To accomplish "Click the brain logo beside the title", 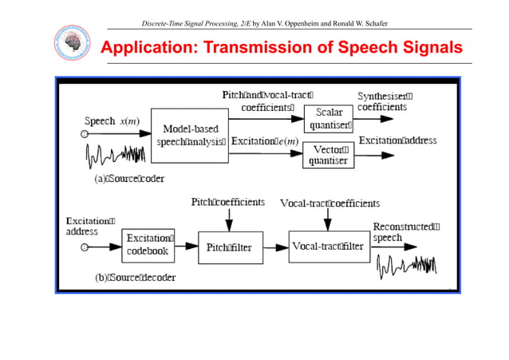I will (69, 45).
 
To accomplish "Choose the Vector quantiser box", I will (329, 154).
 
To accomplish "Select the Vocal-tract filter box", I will (328, 246).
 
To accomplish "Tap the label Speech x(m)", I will (111, 121).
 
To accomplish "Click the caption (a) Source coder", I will (129, 179).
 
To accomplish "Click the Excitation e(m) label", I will (265, 141).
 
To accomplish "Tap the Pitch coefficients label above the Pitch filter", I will (227, 203).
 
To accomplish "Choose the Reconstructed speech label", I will (405, 231).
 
